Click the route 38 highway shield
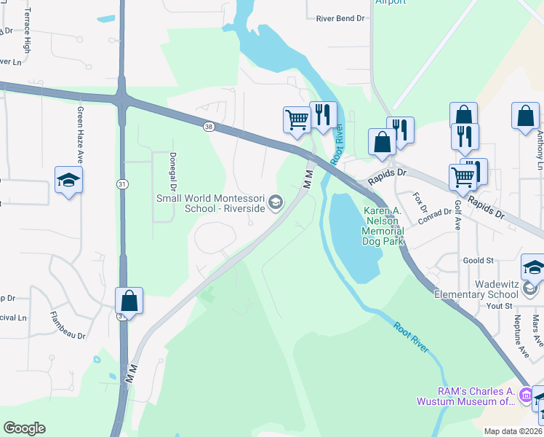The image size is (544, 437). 209,126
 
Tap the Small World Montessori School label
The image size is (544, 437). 211,203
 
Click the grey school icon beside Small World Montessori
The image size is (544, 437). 276,202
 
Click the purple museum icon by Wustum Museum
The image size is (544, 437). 525,394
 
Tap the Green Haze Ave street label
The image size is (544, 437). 81,135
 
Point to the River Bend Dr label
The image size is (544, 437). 339,20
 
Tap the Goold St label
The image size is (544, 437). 479,260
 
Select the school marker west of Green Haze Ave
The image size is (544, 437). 68,180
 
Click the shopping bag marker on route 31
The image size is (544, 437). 129,300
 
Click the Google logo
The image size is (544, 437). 25,428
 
